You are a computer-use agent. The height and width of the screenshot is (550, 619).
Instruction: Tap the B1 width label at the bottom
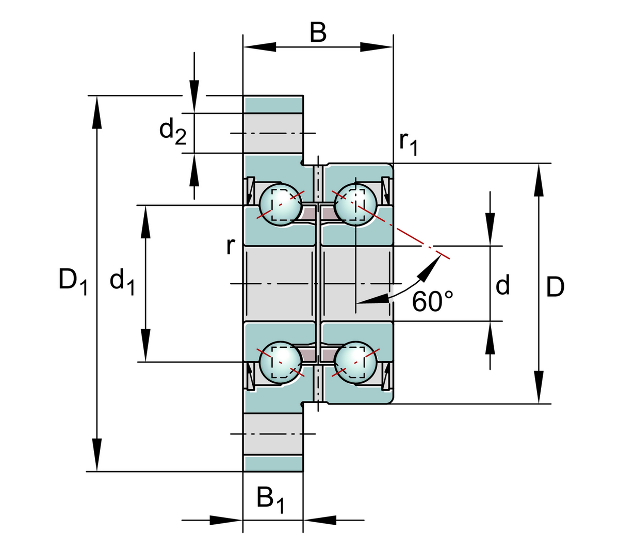(x=270, y=500)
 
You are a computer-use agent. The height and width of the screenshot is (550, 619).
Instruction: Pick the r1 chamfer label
(x=408, y=143)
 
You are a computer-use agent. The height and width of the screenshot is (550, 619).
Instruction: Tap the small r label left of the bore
(x=231, y=247)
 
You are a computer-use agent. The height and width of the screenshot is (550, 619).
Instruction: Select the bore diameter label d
(x=502, y=285)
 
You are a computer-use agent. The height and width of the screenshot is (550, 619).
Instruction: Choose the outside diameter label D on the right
(x=555, y=287)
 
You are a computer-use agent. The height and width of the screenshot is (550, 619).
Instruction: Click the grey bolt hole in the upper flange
(x=273, y=133)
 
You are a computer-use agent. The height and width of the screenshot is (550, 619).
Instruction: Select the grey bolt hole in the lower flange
(x=273, y=434)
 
